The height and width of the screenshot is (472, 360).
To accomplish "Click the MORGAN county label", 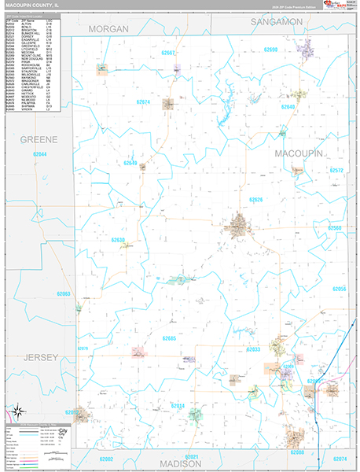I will point(108,28).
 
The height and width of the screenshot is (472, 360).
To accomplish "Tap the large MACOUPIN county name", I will point(299,154).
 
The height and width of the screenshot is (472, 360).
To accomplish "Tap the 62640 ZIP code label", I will point(288,106).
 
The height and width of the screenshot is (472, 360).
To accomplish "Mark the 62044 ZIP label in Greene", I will point(39,154).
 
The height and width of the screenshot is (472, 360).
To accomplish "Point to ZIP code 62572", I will point(336,170).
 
